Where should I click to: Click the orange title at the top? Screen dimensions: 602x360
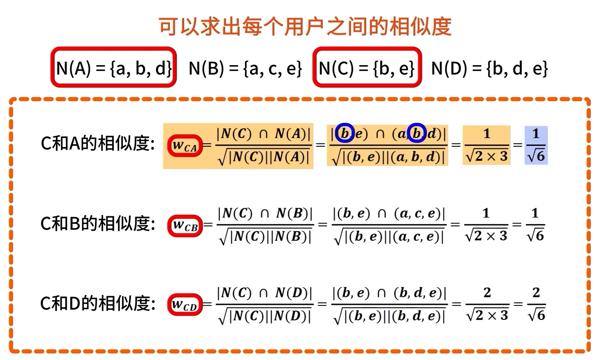coord(305,26)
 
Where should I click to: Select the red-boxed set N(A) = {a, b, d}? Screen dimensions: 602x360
coord(114,68)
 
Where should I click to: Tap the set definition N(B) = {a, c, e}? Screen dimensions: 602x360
coord(245,68)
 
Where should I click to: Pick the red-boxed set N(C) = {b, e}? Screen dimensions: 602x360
coord(367,68)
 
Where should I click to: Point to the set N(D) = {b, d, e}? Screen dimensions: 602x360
coord(490,68)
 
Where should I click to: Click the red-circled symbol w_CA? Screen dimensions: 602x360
coord(185,146)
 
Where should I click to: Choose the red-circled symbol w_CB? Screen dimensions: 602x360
coord(185,226)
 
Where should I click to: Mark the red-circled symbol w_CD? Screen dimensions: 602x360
coord(185,305)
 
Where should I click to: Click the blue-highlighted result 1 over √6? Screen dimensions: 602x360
coord(536,145)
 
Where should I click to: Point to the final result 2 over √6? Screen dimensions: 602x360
coord(536,304)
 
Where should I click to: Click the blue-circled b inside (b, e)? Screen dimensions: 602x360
coord(345,133)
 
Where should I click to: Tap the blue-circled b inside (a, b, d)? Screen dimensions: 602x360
coord(417,133)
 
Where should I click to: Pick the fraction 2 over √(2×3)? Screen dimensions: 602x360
coord(487,304)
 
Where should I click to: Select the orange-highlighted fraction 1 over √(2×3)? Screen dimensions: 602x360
coord(486,145)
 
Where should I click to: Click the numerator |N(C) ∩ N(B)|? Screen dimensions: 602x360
coord(265,213)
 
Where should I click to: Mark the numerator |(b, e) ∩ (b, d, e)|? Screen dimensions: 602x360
coord(389,293)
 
